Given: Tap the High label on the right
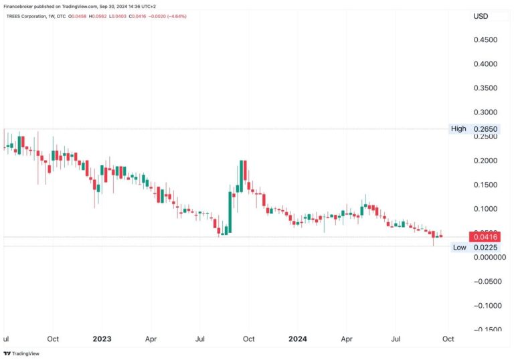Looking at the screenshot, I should click(x=458, y=128).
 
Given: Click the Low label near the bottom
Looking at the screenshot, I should click(x=459, y=248).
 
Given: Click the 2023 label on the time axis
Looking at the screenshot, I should click(x=102, y=339).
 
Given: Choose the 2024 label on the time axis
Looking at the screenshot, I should click(x=298, y=339).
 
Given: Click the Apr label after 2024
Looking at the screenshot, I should click(x=347, y=339).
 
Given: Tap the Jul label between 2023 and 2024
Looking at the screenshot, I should click(x=199, y=339).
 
